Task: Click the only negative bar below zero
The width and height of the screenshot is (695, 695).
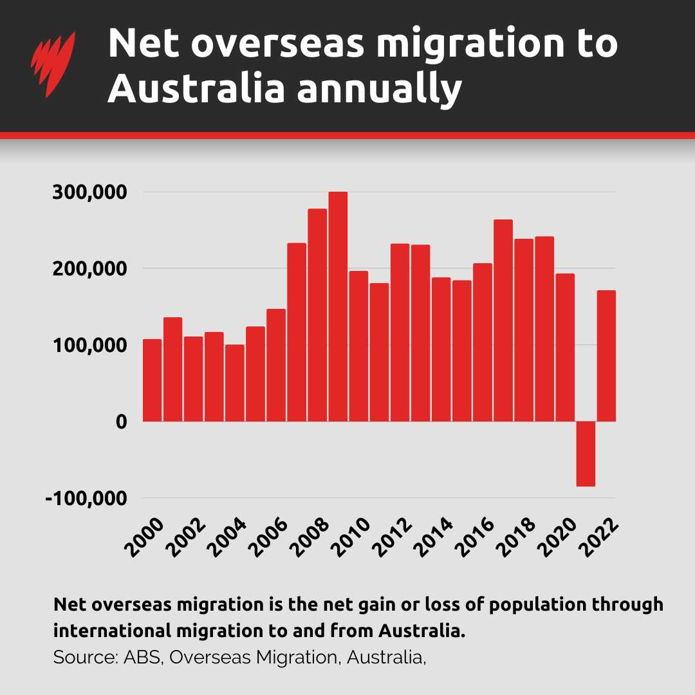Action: click(x=586, y=454)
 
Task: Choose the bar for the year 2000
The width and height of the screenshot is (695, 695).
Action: click(x=152, y=380)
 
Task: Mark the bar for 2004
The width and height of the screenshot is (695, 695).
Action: click(x=234, y=383)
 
